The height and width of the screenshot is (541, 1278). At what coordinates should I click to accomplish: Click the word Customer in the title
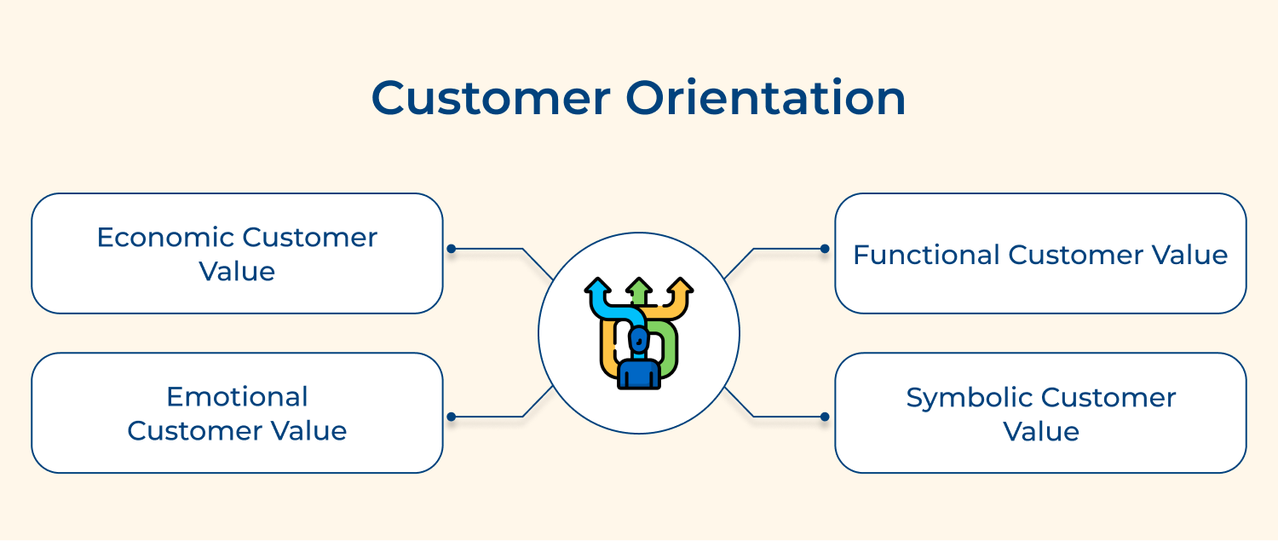pos(492,98)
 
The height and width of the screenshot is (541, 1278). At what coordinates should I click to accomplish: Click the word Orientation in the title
pos(766,97)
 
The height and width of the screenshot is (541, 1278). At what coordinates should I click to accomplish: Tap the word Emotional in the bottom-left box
pos(238,397)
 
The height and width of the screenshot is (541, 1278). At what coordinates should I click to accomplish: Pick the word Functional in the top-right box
pos(926,255)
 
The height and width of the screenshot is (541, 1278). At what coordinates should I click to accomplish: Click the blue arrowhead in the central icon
pos(597,286)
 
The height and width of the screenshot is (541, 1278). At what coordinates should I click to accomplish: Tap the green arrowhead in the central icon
pos(639,286)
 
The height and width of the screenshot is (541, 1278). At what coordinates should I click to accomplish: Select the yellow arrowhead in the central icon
pos(680,286)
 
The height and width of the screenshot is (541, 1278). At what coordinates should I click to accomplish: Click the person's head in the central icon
pos(639,340)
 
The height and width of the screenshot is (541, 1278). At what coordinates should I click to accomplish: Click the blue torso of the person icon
pos(639,374)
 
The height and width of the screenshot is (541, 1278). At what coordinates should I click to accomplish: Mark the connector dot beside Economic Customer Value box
pos(452,249)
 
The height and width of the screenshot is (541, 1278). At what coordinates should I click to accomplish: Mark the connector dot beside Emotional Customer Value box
pos(452,417)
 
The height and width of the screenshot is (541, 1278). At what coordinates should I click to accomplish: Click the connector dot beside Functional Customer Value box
pos(825,249)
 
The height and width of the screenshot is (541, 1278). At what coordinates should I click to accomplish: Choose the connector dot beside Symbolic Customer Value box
pos(825,417)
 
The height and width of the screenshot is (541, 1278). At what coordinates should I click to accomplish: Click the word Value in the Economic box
pos(238,272)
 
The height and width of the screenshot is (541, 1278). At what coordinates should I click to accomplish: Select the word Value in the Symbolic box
pos(1041,431)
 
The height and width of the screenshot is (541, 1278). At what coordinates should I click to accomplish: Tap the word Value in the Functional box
pos(1189,255)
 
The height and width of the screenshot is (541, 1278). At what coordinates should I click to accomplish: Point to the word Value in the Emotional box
pos(308,431)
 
